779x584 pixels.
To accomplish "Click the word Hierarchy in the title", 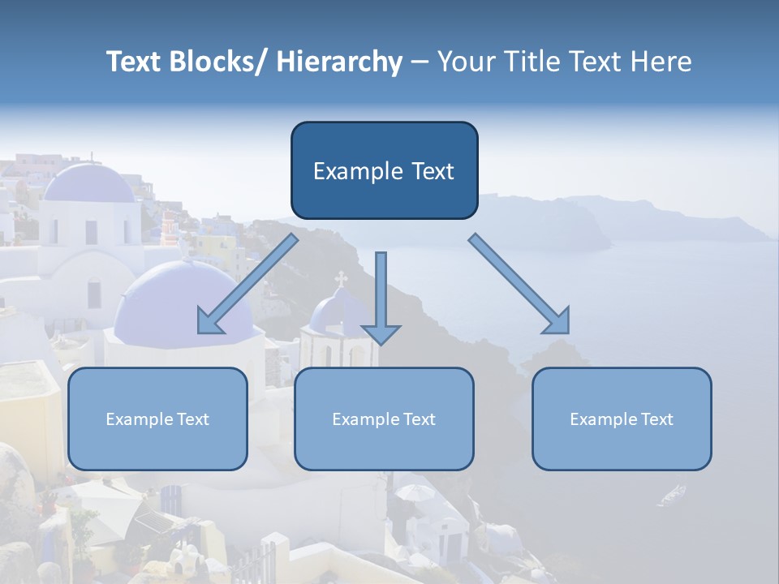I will tap(339, 62).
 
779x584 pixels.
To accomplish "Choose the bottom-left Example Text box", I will tap(157, 419).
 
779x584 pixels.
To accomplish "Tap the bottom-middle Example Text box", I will tap(384, 419).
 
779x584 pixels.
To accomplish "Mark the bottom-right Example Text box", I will tap(622, 419).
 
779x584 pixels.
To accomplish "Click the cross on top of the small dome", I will tap(341, 279).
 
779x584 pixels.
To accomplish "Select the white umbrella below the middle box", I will tap(415, 492).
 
